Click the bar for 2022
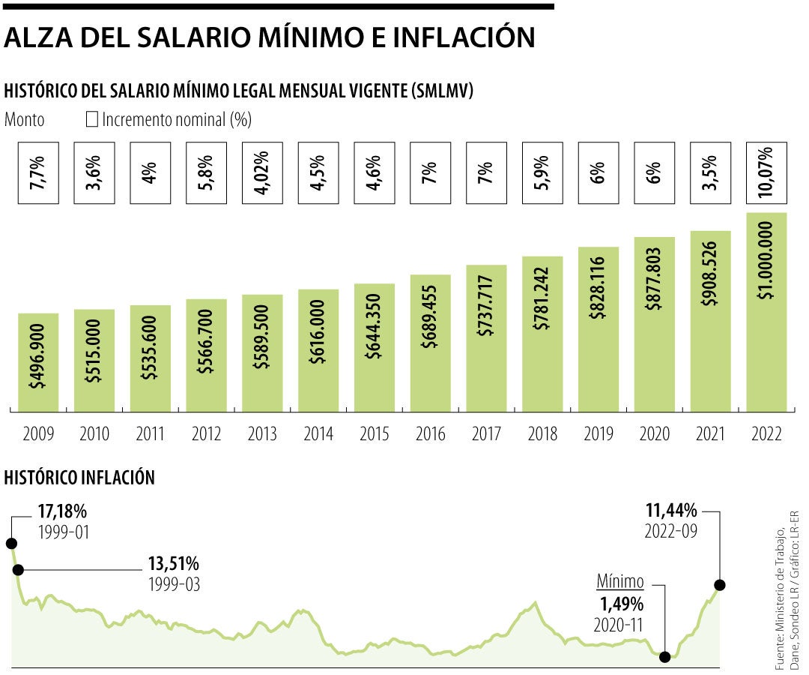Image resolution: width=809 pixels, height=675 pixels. (x=766, y=311)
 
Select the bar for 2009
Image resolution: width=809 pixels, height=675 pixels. (x=38, y=362)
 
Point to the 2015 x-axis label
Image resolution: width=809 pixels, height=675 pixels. (x=375, y=433)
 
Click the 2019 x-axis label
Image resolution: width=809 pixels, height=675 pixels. (x=598, y=433)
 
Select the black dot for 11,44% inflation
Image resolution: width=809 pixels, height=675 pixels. (x=720, y=585)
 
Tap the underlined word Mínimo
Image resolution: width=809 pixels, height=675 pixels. (x=620, y=581)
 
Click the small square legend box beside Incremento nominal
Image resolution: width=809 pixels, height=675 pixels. (x=93, y=119)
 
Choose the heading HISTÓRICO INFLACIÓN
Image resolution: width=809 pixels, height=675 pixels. (x=79, y=477)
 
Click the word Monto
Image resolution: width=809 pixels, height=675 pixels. (x=24, y=119)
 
